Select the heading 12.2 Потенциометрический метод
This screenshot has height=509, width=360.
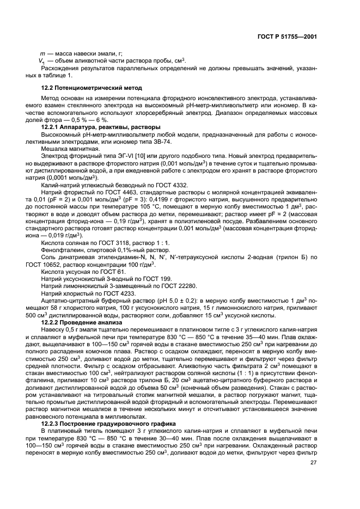[x=91, y=88]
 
